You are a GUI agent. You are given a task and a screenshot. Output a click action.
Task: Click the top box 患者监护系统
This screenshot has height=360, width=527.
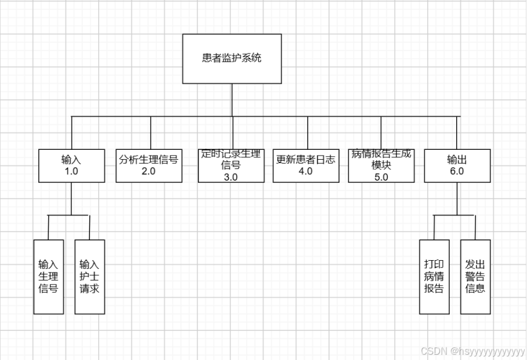232,58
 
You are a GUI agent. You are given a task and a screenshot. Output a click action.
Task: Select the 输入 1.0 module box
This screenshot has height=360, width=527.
71,165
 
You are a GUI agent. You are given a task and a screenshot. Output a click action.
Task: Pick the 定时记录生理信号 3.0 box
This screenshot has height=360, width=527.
231,165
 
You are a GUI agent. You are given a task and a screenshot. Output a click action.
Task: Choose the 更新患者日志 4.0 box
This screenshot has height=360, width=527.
306,165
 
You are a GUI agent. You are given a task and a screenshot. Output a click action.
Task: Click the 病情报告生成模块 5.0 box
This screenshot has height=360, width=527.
381,165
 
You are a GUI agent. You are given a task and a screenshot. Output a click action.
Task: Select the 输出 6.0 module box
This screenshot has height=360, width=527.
457,165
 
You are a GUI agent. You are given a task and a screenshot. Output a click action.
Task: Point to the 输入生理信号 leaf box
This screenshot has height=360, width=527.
48,276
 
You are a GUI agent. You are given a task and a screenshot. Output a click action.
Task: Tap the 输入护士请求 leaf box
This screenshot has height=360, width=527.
89,276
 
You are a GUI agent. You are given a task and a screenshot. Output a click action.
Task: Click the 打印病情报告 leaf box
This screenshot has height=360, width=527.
434,276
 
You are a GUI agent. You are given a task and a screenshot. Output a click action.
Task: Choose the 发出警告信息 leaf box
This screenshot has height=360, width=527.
475,276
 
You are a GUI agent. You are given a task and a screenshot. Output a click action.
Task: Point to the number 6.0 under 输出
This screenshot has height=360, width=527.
457,172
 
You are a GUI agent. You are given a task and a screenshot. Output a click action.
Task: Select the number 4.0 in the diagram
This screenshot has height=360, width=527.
306,171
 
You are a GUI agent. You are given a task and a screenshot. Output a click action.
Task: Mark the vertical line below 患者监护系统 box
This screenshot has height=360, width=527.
232,100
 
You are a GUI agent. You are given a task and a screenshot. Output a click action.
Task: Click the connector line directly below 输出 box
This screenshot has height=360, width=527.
457,197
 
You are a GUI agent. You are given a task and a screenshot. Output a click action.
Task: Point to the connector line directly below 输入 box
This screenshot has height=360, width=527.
71,197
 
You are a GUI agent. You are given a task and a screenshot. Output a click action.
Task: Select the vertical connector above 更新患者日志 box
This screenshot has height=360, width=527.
308,132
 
